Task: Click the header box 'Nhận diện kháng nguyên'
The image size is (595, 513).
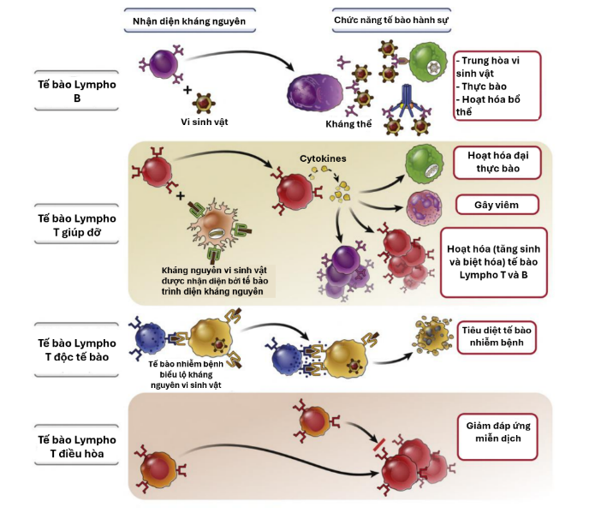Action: pyautogui.click(x=188, y=20)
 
